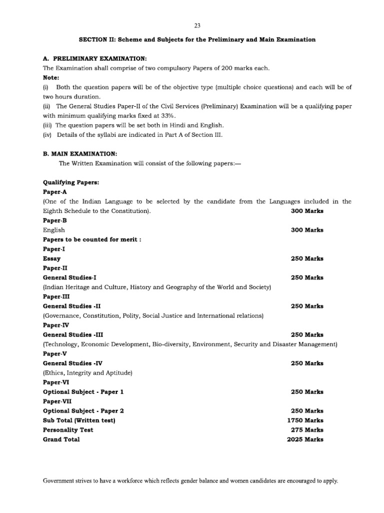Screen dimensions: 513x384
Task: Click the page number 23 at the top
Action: click(x=197, y=25)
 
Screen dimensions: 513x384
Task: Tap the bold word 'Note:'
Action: click(x=51, y=78)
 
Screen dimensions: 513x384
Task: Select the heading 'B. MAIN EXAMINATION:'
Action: click(x=79, y=154)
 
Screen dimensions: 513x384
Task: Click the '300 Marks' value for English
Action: click(x=307, y=230)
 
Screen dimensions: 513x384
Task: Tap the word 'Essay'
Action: click(x=52, y=259)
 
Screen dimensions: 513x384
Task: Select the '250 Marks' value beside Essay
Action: click(x=307, y=259)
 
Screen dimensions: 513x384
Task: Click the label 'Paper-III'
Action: click(x=56, y=297)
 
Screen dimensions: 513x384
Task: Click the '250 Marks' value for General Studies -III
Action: click(x=307, y=335)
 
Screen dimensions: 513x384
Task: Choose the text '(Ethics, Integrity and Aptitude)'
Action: click(x=88, y=373)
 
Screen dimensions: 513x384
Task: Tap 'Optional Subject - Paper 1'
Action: click(x=83, y=392)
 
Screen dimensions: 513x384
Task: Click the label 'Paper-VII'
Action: click(x=57, y=401)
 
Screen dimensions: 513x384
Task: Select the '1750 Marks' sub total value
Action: click(x=305, y=420)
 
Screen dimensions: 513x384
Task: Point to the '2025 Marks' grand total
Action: click(x=305, y=439)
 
